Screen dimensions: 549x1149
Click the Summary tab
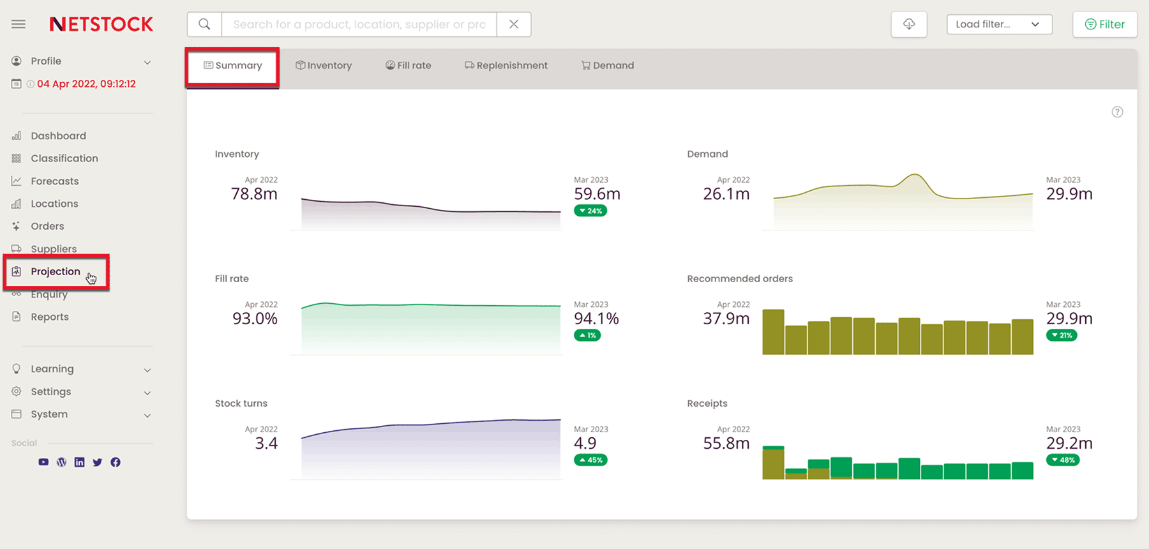(x=233, y=66)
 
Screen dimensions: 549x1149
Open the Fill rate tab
(x=409, y=66)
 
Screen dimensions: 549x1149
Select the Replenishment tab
(x=506, y=66)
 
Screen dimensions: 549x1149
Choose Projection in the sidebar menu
(x=56, y=272)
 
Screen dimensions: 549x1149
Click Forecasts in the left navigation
(x=55, y=181)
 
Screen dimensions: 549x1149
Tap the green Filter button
(x=1105, y=24)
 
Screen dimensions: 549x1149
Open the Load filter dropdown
(x=999, y=24)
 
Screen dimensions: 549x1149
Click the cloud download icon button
(x=909, y=24)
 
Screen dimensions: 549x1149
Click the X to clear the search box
(x=514, y=24)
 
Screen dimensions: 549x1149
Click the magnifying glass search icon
(x=204, y=24)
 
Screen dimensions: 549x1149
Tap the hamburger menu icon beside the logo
(x=19, y=24)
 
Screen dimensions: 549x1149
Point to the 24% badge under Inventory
(x=590, y=211)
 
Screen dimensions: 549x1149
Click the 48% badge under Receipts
(x=1063, y=460)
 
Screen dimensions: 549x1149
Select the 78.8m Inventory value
(x=254, y=194)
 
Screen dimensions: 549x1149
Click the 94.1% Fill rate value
(x=596, y=319)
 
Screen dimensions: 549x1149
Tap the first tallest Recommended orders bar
(x=773, y=331)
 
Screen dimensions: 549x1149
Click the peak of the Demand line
(x=915, y=175)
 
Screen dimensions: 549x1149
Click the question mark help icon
(x=1117, y=112)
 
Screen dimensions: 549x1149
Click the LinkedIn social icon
(x=79, y=462)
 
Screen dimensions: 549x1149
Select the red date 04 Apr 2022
(x=86, y=84)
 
